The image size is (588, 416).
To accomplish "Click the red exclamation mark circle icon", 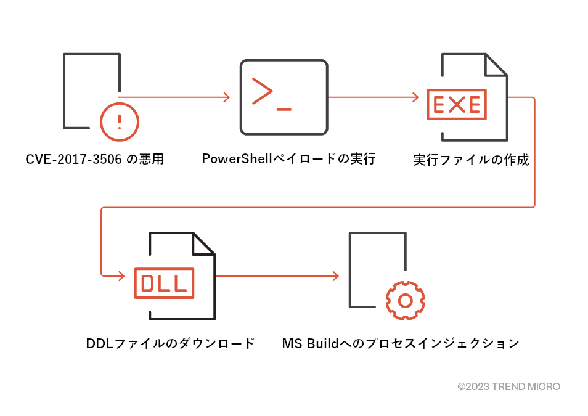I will click(x=120, y=121).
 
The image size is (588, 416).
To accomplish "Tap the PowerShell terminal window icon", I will click(x=284, y=97).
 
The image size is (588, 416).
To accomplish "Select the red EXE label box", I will click(x=457, y=105).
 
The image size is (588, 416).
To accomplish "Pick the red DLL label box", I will click(x=164, y=283).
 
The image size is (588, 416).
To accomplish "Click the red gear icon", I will click(x=405, y=300).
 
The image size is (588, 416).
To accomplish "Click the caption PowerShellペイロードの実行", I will click(x=288, y=159).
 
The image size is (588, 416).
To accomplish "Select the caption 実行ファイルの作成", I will click(x=471, y=160).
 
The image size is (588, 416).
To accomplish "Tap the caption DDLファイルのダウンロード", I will click(x=170, y=343).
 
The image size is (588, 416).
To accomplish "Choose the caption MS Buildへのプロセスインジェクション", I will click(x=401, y=343).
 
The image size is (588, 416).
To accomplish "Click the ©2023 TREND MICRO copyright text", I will click(x=508, y=386).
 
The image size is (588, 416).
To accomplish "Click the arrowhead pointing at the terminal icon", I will click(x=227, y=97).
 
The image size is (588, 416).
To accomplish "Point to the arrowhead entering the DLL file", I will click(x=121, y=275).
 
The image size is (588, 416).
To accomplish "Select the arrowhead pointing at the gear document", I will click(x=336, y=275).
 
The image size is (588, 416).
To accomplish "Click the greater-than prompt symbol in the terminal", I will click(x=262, y=91).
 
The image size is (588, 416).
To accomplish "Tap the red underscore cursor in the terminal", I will click(x=284, y=109).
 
